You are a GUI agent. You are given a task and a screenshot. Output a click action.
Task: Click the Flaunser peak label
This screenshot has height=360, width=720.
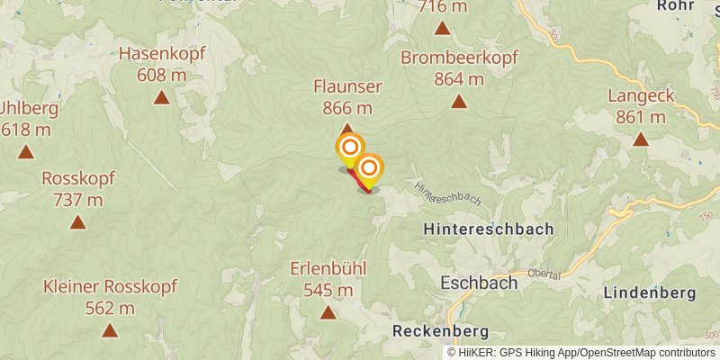point(347,86)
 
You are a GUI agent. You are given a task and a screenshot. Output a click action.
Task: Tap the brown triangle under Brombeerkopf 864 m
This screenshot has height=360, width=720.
point(459,101)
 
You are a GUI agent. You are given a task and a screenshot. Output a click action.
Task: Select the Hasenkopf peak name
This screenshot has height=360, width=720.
point(162,54)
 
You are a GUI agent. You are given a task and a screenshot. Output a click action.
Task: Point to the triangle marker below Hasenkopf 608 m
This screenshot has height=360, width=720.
point(161,97)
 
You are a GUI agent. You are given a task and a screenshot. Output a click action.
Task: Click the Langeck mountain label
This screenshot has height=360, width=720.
point(641,95)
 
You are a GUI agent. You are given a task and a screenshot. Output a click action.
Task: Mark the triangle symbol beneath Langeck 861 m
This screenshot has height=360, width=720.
point(641,139)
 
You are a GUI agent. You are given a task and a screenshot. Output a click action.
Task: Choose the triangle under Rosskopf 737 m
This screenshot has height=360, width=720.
point(78,222)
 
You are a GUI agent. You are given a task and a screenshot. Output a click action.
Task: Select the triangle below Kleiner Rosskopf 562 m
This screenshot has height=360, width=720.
point(110,330)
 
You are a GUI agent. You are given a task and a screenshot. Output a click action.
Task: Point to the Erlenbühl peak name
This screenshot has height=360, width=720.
point(328,269)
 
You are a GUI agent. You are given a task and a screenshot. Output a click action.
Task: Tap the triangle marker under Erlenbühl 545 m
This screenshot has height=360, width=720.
point(328,312)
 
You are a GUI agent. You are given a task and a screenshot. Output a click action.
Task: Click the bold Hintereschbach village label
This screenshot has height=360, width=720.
point(489,229)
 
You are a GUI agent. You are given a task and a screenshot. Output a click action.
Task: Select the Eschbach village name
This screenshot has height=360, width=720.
point(479,283)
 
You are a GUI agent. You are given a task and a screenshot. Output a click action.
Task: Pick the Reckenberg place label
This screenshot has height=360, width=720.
point(440,331)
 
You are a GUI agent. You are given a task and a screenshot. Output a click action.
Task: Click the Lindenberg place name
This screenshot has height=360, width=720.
point(650,293)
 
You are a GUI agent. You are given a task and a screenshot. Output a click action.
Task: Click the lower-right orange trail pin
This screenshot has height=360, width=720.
point(369,168)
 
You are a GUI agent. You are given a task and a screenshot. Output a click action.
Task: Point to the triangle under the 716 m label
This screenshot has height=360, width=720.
point(442,28)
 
